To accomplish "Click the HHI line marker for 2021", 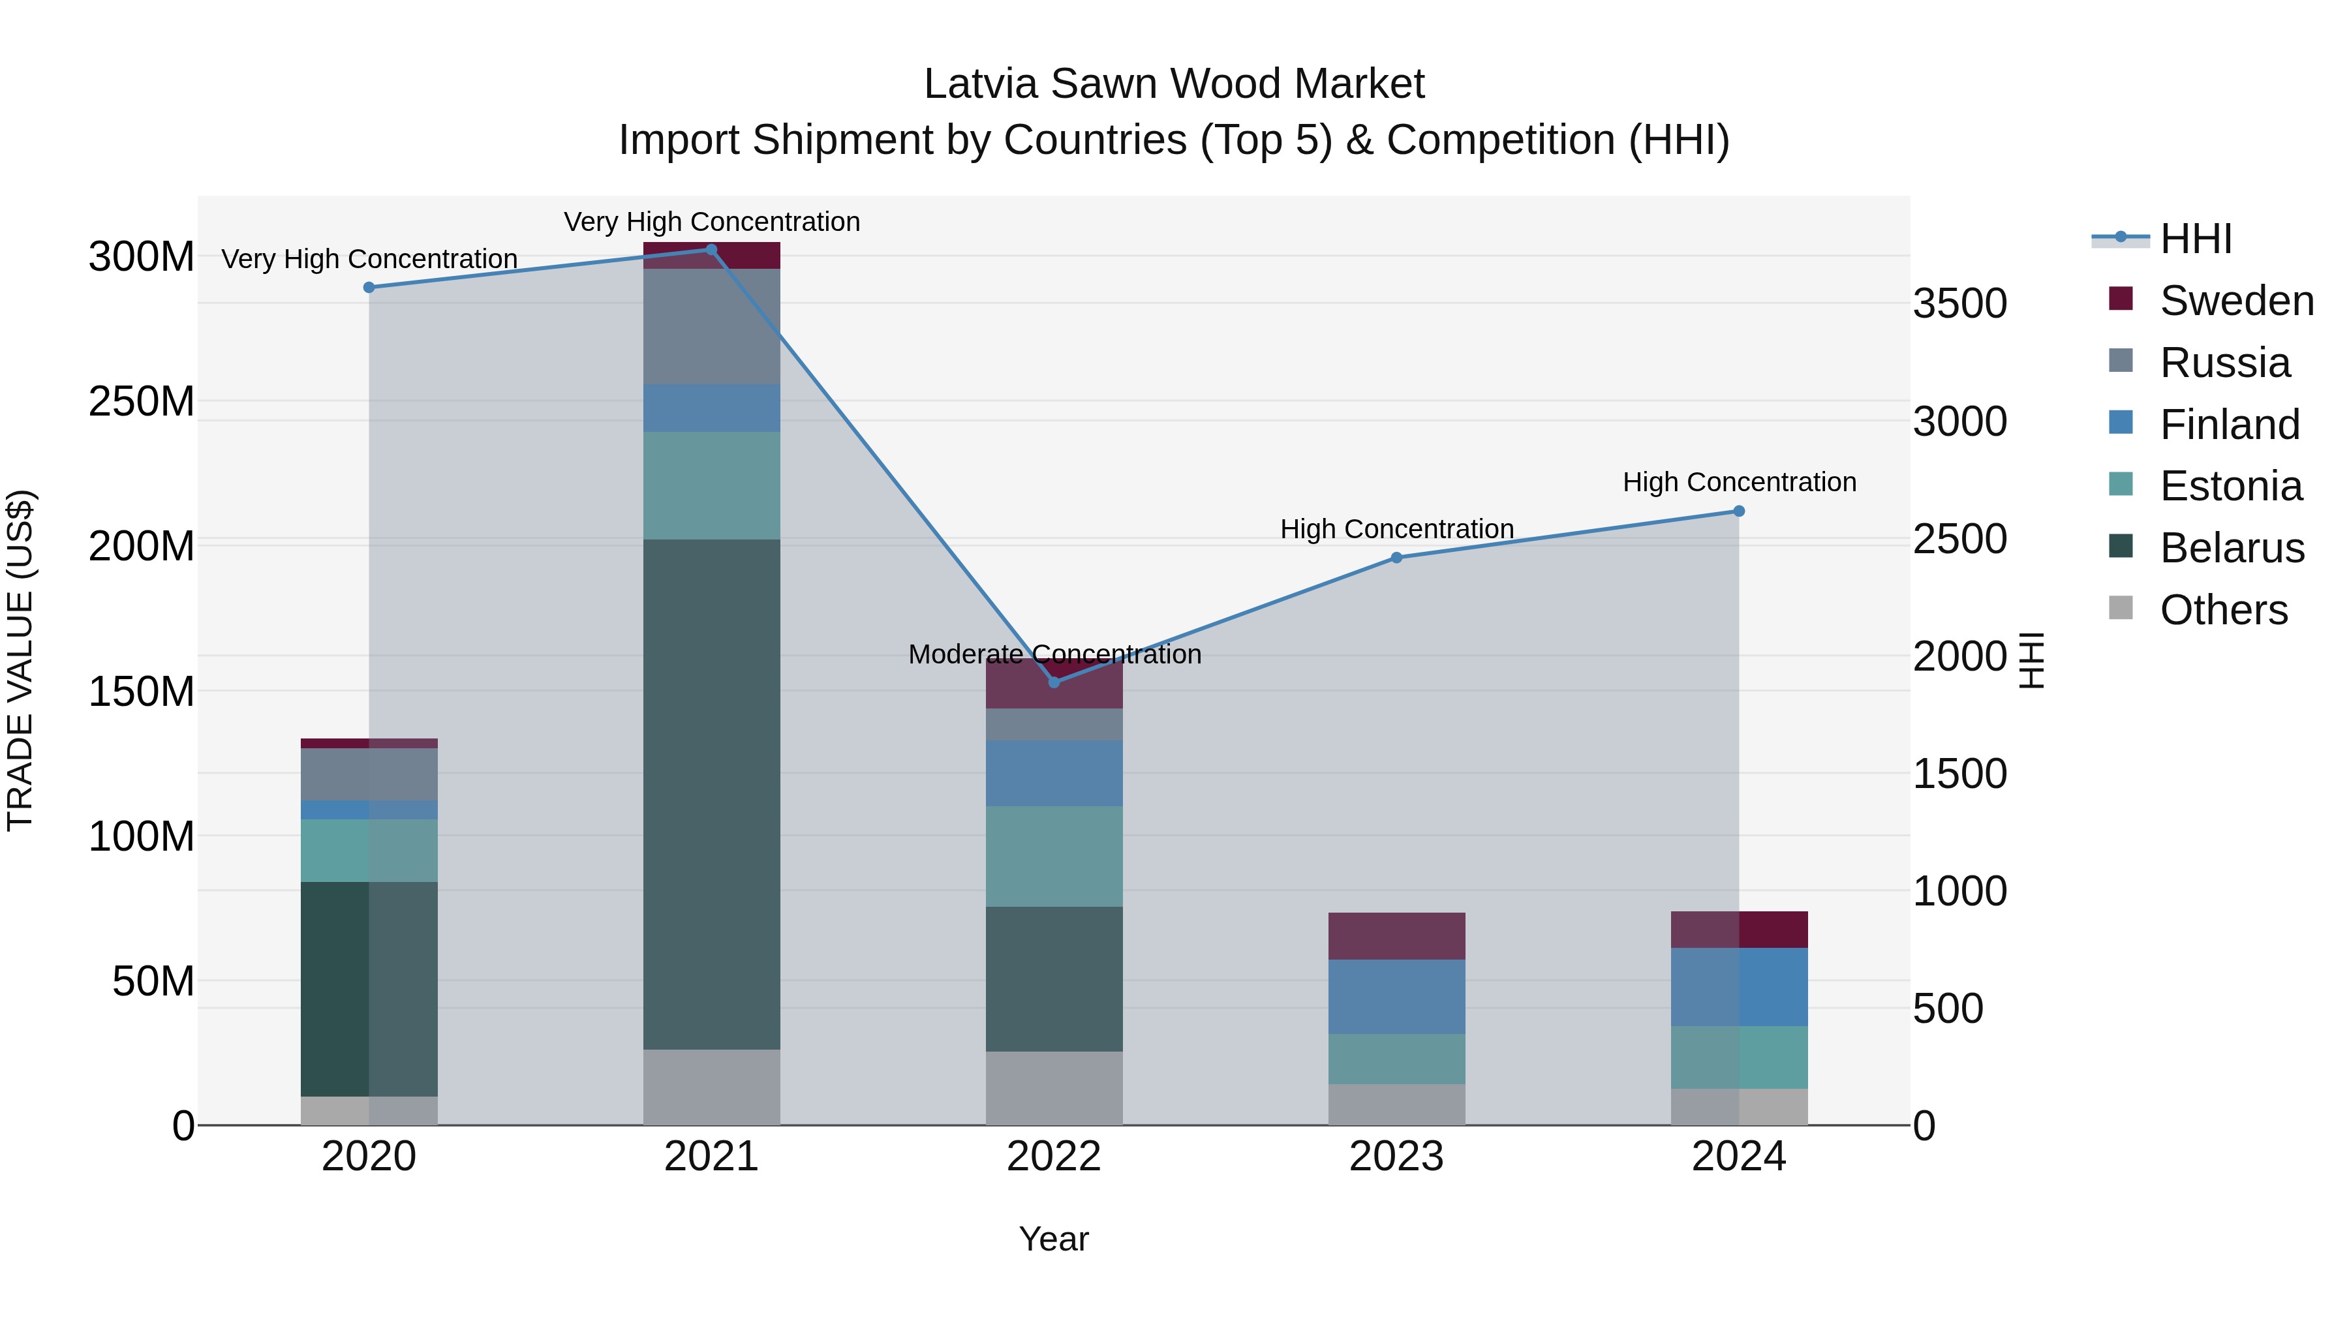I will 711,250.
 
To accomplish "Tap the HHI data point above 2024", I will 1738,511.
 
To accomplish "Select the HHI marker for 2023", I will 1396,558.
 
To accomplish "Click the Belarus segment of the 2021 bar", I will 711,793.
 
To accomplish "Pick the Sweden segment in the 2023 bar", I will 1396,935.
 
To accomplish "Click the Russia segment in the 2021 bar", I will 711,326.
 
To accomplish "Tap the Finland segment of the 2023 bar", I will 1396,996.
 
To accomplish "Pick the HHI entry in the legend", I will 2195,239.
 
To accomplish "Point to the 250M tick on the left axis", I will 142,401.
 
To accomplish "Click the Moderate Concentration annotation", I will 1054,654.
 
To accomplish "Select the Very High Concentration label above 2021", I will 711,222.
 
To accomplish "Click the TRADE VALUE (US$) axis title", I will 20,660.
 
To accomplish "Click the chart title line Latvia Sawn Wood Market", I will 1174,84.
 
